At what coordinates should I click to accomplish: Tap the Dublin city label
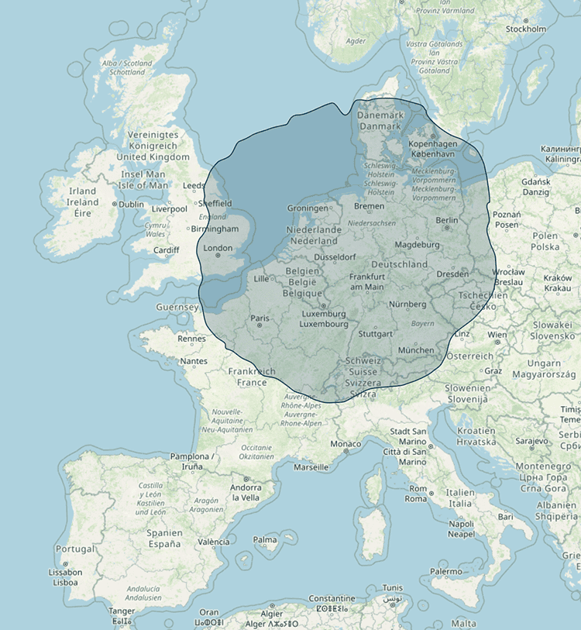131,205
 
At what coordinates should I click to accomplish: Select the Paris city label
260,318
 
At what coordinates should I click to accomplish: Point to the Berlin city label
447,220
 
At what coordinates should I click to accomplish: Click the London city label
217,249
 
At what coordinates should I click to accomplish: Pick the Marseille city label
311,467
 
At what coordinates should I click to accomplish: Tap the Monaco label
345,444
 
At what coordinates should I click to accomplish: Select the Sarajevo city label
532,440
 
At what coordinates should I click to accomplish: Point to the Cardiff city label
166,250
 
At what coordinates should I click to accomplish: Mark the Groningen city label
308,208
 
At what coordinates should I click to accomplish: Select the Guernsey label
177,307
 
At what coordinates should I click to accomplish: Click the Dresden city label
452,274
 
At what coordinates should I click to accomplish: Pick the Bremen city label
369,206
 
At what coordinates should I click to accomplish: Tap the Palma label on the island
265,539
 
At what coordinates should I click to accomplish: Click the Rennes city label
192,338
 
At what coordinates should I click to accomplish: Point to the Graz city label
493,370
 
